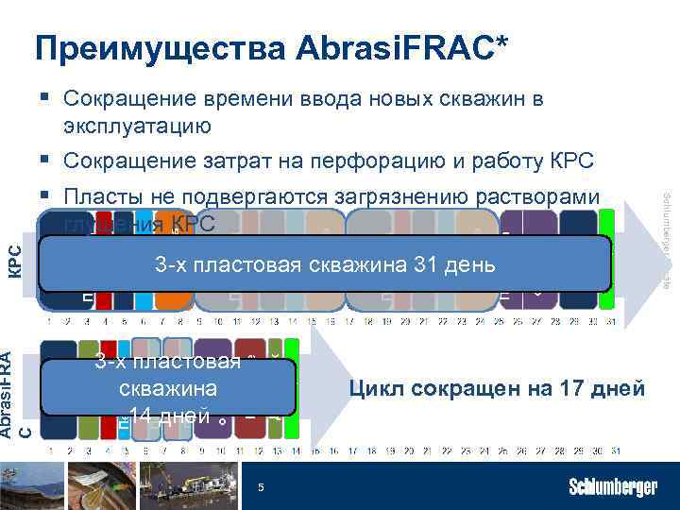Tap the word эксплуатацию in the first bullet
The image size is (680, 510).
click(137, 125)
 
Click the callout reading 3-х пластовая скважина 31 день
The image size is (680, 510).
click(325, 264)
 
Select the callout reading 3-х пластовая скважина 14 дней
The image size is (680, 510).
click(169, 388)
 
